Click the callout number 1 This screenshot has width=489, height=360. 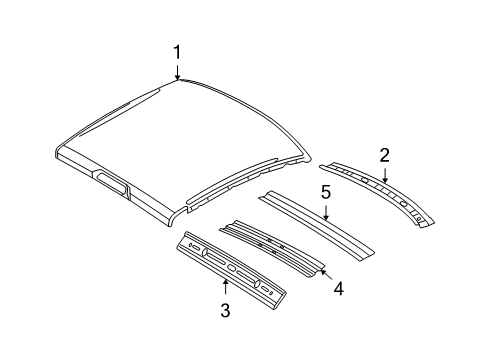pos(177,52)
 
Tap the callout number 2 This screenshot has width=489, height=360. pos(383,154)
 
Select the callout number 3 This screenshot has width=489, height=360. pos(225,311)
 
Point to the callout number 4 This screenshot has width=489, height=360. pos(338,289)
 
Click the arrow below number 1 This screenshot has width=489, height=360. pos(177,71)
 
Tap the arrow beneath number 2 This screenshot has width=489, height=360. pos(383,173)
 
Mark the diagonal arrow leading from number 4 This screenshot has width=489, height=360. pos(323,272)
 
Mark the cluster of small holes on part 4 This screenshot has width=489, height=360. pos(268,241)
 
